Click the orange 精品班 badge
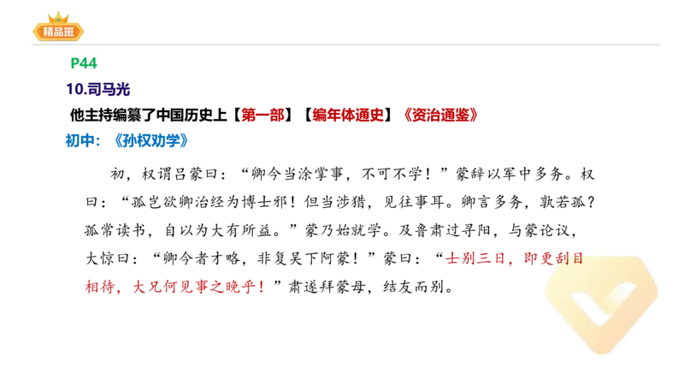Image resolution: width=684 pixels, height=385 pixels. click(x=58, y=32)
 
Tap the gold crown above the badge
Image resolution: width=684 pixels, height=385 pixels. click(x=58, y=16)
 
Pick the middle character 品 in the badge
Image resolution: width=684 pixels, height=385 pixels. click(x=58, y=33)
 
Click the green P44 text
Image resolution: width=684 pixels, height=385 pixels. click(x=84, y=63)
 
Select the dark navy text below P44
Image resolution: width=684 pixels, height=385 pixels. click(x=98, y=88)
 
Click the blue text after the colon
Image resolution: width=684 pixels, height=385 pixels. click(x=152, y=140)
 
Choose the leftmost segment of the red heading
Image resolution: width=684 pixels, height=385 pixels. click(x=262, y=114)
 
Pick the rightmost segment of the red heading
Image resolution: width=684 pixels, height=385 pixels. click(x=441, y=114)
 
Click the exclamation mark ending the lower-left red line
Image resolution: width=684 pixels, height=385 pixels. click(x=263, y=288)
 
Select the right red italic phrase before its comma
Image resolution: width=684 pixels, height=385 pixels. click(x=475, y=258)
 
